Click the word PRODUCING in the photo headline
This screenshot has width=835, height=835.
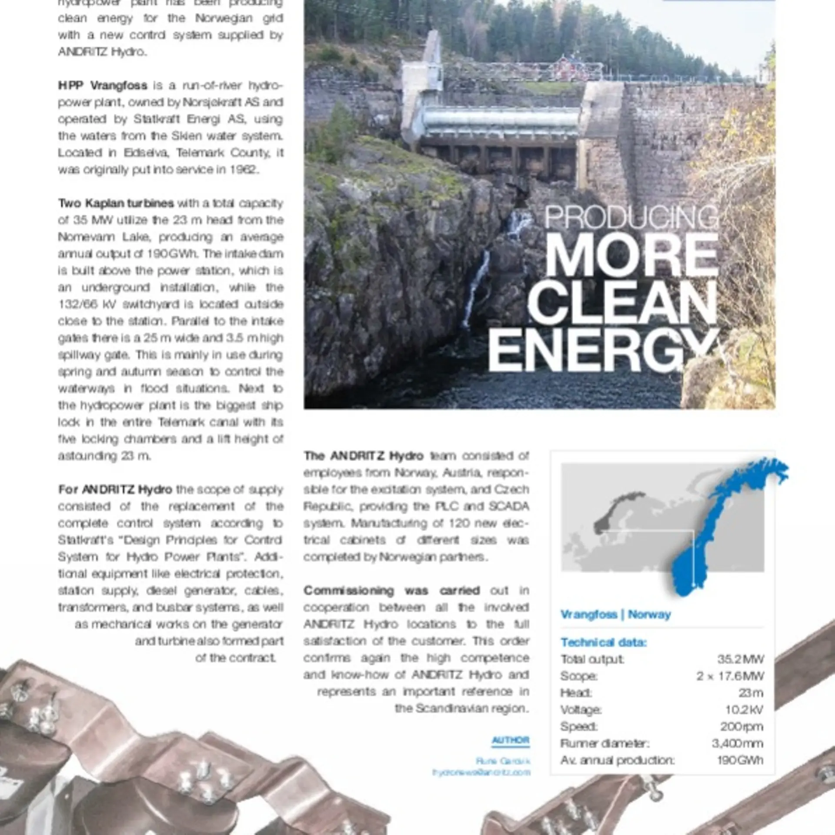click(x=631, y=217)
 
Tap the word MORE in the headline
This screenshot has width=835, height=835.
click(x=631, y=255)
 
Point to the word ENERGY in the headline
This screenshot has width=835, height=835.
click(x=603, y=350)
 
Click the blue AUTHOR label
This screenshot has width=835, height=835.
click(x=511, y=740)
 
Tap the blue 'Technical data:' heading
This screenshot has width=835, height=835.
click(x=604, y=642)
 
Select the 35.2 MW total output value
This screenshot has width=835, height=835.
click(x=740, y=659)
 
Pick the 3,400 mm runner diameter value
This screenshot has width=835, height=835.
click(x=738, y=743)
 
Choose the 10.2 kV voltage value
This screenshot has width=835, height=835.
click(x=744, y=710)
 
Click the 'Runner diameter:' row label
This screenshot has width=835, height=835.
click(x=605, y=743)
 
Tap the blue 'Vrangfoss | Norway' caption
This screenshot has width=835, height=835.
click(x=615, y=615)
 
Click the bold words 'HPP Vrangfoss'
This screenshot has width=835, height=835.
click(x=103, y=85)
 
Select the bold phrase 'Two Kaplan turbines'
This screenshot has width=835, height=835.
click(x=116, y=203)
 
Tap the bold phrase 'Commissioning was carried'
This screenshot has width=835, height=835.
click(x=391, y=591)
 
